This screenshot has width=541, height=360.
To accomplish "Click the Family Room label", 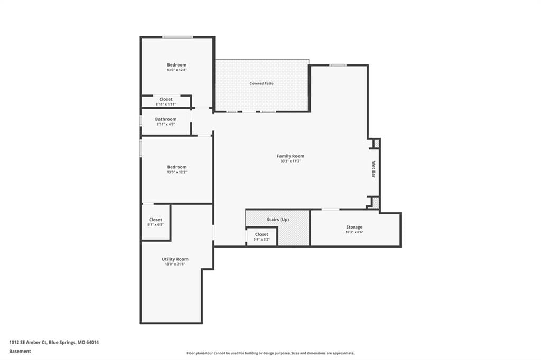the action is [291, 156].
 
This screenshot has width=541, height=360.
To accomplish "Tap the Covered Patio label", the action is [262, 83].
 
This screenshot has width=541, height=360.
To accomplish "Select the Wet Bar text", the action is [374, 169].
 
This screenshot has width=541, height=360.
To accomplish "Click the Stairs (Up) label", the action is [278, 219].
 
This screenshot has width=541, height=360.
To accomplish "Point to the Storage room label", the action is [355, 227].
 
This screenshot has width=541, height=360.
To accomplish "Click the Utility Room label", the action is [175, 259].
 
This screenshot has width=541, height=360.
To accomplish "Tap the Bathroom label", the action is [165, 119].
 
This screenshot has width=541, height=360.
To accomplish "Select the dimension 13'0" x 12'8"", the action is [176, 70].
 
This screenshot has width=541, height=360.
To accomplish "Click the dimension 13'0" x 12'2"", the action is [176, 172].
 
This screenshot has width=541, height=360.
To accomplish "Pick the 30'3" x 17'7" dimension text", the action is [291, 161].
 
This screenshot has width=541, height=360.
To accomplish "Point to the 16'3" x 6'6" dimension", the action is [355, 232].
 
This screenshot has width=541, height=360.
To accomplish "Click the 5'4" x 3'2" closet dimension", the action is [262, 239].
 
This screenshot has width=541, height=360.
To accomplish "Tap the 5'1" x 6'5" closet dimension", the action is [155, 224].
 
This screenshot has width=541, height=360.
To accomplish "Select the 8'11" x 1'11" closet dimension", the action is [165, 104].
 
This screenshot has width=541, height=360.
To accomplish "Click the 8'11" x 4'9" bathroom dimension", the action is [165, 124].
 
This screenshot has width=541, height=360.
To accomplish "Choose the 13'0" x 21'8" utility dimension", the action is [175, 264].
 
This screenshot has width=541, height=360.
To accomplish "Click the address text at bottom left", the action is [54, 343].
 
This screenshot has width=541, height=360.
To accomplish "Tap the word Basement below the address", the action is [20, 352].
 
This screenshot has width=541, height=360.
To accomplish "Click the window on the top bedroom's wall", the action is [178, 37].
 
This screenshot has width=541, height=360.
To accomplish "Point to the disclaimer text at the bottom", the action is [270, 353].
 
